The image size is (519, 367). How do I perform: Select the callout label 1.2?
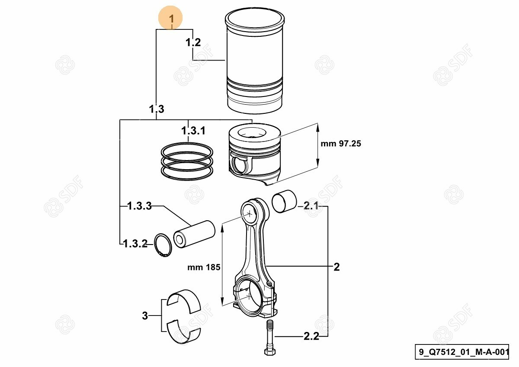[193, 42]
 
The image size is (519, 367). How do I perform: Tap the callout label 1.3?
[157, 109]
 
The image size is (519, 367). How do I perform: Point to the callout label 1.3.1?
[193, 131]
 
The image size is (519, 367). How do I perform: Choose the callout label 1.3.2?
[136, 244]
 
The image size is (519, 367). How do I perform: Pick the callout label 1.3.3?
[140, 206]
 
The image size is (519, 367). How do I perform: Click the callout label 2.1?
[311, 206]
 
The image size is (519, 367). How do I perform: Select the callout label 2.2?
[311, 336]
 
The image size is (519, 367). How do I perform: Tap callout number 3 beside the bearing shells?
[145, 316]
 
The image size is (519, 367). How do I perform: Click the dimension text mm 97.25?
[341, 144]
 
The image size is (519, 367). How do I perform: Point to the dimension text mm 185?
[204, 267]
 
